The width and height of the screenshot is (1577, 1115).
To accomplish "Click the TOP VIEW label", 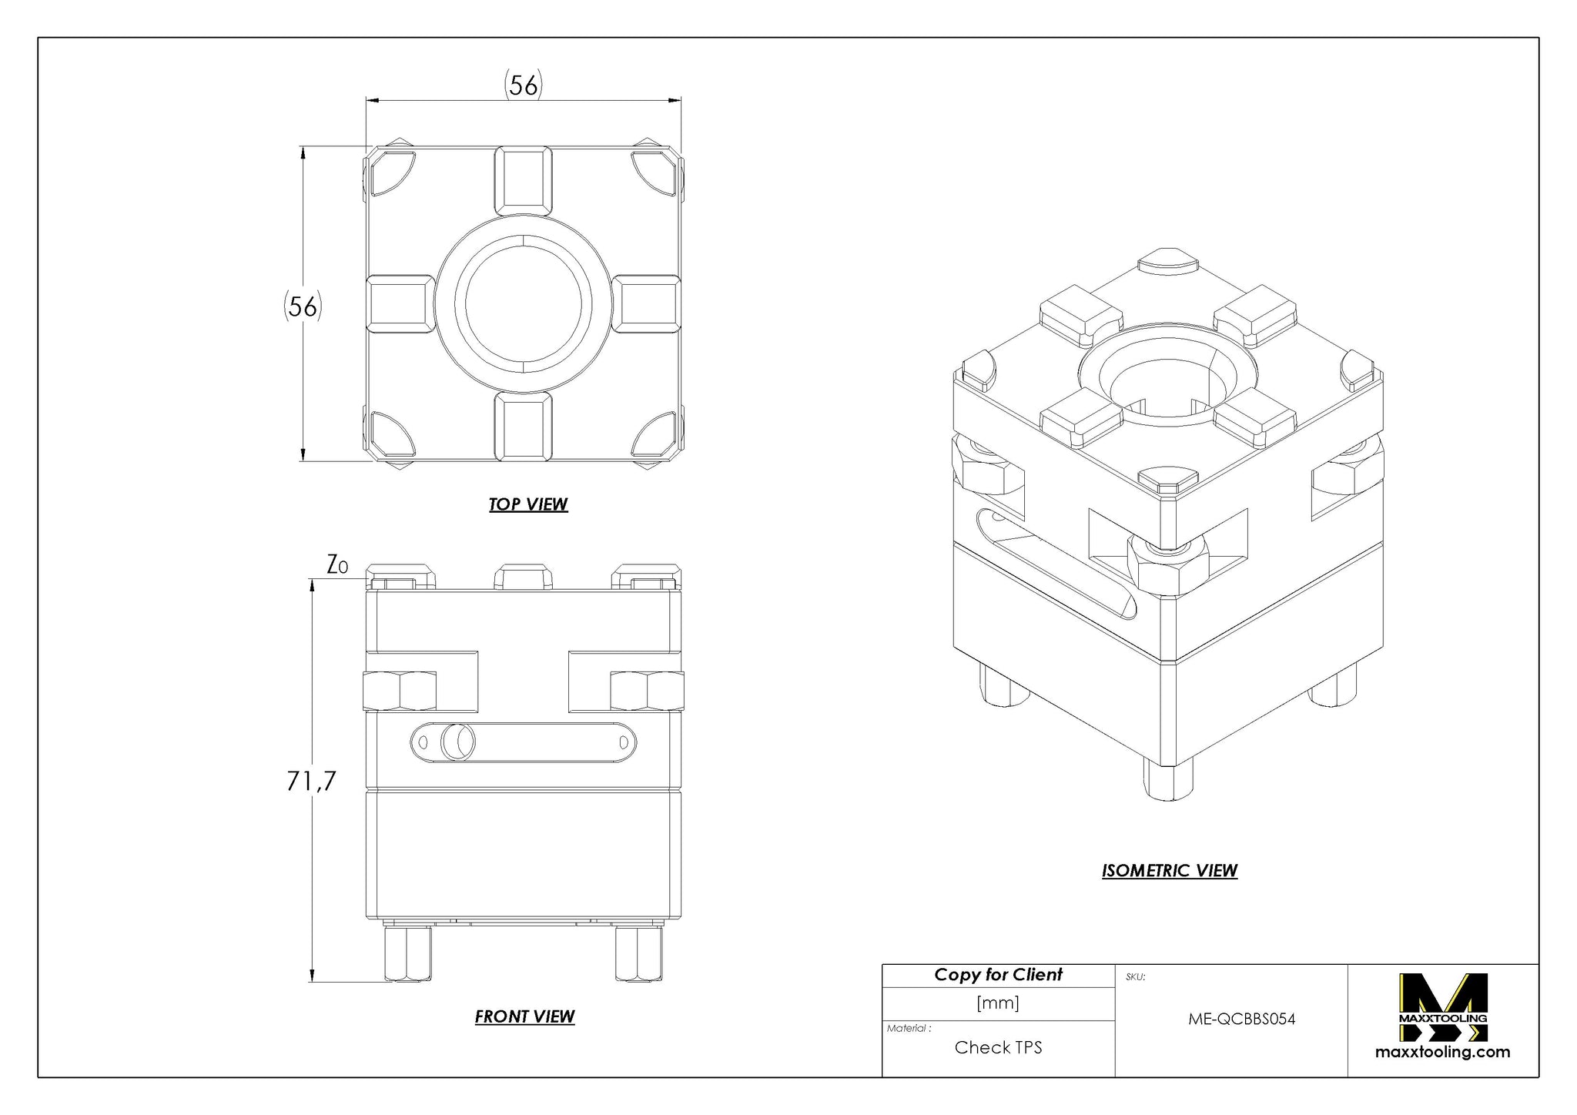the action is pyautogui.click(x=528, y=504).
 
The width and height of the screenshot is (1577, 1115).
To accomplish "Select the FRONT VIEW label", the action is pyautogui.click(x=524, y=1016).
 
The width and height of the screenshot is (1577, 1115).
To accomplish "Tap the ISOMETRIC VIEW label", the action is pyautogui.click(x=1170, y=871).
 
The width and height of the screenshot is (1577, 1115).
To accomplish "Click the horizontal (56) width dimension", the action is pyautogui.click(x=524, y=85).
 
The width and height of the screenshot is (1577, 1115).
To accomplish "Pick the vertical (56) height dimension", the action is pyautogui.click(x=302, y=306).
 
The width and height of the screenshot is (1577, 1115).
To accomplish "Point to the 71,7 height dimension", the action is pyautogui.click(x=312, y=782).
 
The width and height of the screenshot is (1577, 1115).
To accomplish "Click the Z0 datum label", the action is pyautogui.click(x=337, y=566).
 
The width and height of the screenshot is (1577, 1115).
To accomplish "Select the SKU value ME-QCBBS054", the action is pyautogui.click(x=1242, y=1019).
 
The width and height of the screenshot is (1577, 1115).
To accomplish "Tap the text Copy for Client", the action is pyautogui.click(x=998, y=975).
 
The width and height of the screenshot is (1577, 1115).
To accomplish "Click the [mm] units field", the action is pyautogui.click(x=998, y=1003).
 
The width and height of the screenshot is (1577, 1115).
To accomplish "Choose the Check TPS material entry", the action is pyautogui.click(x=998, y=1047).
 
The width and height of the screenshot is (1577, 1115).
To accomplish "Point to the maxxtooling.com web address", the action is pyautogui.click(x=1443, y=1053).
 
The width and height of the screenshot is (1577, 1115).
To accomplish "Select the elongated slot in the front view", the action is pyautogui.click(x=524, y=742).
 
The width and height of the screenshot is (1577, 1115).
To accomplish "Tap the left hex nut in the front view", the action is pyautogui.click(x=399, y=691).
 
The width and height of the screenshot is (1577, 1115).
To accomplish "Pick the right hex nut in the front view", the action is pyautogui.click(x=647, y=691).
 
